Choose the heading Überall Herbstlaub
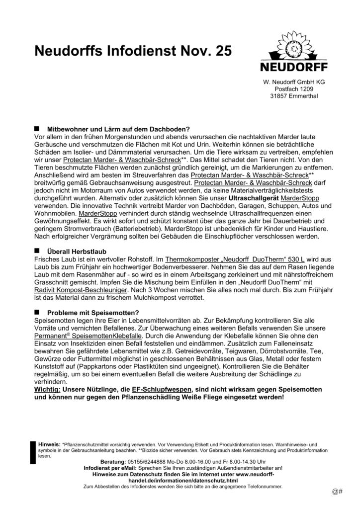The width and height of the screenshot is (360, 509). tap(77, 252)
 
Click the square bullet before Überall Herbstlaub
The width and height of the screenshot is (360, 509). tap(37, 252)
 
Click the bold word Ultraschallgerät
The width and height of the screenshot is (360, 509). tap(249, 198)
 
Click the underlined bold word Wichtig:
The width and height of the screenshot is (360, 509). tap(47, 388)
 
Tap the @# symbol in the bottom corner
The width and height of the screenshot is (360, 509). tap(338, 492)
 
